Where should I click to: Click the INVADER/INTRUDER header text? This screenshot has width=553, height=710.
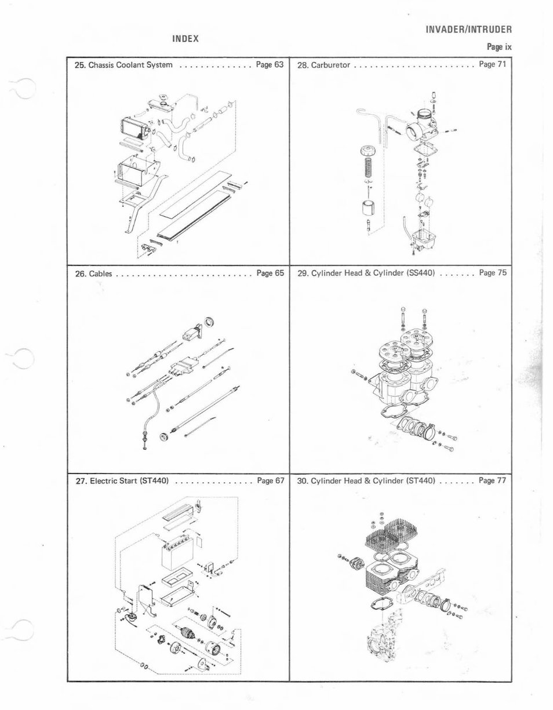pos(468,30)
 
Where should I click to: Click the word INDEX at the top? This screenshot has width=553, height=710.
pos(185,39)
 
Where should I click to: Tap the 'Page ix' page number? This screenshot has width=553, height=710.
pos(499,47)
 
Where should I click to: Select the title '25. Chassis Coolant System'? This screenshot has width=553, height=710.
pos(124,65)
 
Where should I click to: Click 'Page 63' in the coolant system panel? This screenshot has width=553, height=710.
pos(270,65)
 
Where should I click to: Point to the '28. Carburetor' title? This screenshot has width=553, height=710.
pos(323,65)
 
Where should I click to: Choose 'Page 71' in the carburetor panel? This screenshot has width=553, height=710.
pos(493,64)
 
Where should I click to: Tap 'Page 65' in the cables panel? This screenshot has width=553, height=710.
pos(270,272)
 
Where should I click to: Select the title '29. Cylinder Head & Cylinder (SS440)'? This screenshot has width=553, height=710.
pos(366,272)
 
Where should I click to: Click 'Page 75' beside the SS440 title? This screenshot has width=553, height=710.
pos(493,272)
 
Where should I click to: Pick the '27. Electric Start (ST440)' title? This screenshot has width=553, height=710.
pos(122,480)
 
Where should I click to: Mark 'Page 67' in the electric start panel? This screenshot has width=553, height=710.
pos(270,480)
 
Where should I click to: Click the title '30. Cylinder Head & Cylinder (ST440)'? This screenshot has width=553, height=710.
pos(366,480)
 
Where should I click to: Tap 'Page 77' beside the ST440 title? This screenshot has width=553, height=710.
pos(493,480)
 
